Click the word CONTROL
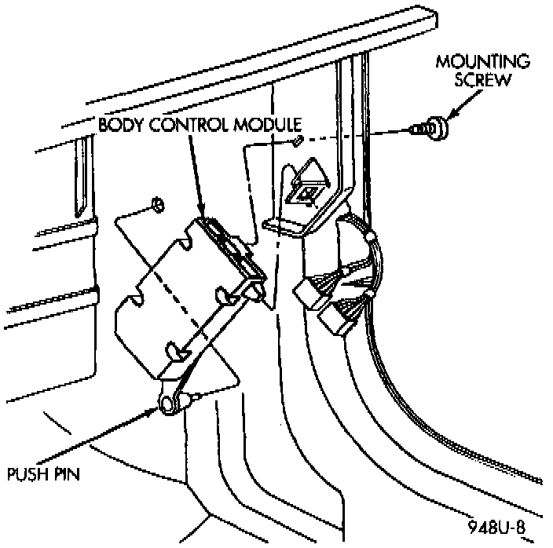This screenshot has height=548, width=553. point(192,126)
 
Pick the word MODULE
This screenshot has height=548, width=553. point(271,126)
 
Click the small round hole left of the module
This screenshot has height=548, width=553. point(156,204)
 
